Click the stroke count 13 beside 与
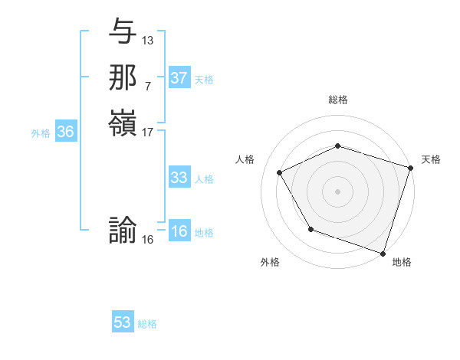coord(148,40)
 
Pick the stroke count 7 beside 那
coord(148,86)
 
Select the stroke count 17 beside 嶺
coord(148,132)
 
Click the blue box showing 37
coord(179,78)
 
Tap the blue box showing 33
coord(179,178)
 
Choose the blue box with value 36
coord(66,132)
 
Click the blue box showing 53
coord(123,322)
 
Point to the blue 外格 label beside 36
coord(41,133)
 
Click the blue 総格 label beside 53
coord(148,324)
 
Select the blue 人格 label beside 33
coord(205,179)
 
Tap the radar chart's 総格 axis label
coord(338,100)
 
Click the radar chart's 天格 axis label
coord(431,159)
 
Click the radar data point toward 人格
coord(280,173)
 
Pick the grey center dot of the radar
coord(338,191)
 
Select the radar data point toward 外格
coord(310,229)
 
